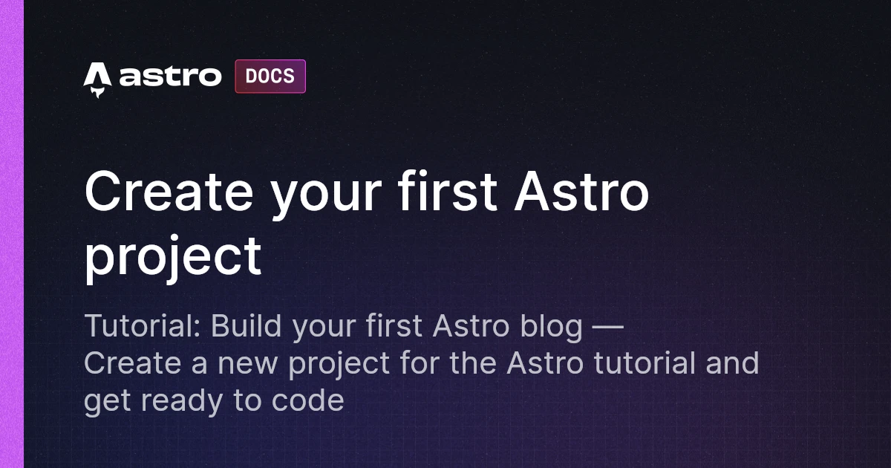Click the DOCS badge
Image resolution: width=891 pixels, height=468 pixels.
click(x=270, y=77)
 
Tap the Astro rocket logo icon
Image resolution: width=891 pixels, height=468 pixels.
click(x=97, y=79)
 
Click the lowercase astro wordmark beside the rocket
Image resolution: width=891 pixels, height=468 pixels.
click(x=170, y=77)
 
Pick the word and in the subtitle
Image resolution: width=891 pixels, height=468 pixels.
click(x=732, y=364)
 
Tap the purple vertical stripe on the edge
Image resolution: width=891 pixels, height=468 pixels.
click(x=12, y=234)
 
